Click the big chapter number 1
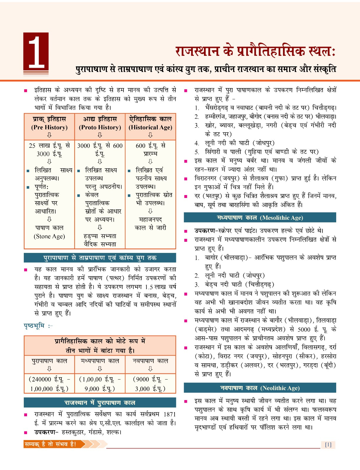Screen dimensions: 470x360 pos(36,51)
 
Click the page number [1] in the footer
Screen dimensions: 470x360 pos(328,444)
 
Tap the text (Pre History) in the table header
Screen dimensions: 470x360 pos(49,127)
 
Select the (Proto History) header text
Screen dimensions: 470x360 pos(100,127)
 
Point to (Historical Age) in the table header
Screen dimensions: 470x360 pos(150,127)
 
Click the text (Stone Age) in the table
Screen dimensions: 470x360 pos(49,236)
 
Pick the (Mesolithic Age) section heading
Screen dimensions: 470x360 pos(281,218)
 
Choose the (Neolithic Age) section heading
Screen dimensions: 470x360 pos(280,388)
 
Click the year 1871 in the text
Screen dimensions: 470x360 pos(170,414)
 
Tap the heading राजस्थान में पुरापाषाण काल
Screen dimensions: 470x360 pos(100,402)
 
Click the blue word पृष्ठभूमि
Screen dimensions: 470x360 pos(34,326)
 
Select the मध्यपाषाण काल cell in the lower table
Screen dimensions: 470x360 pos(100,361)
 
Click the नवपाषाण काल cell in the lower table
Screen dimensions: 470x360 pos(150,361)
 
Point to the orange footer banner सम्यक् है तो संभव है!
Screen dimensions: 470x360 pos(51,444)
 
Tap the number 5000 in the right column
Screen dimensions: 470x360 pos(304,329)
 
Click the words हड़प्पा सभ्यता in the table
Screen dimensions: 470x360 pos(100,236)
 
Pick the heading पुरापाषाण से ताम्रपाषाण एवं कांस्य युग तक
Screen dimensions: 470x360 pos(100,258)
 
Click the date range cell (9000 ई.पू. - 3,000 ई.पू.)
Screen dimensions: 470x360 pos(150,384)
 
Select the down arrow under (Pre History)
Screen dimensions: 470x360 pos(49,135)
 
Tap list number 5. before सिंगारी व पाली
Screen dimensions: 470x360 pos(197,152)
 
